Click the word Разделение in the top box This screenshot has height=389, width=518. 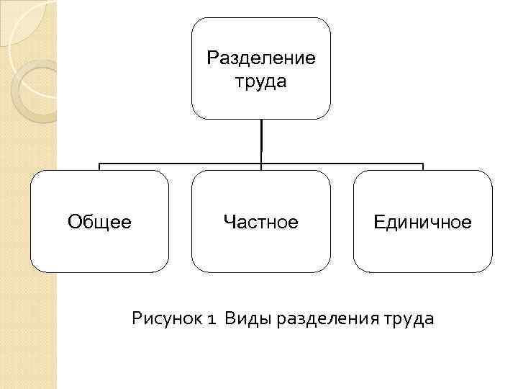(x=260, y=57)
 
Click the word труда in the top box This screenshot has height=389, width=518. (x=260, y=81)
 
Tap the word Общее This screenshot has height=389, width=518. (x=99, y=222)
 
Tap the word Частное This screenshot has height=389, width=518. (x=260, y=222)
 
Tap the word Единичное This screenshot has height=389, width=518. (x=422, y=222)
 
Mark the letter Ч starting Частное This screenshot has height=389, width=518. (x=229, y=222)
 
